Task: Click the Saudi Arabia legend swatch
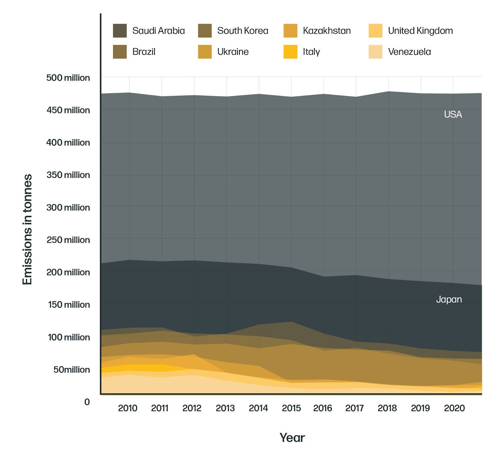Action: coord(120,31)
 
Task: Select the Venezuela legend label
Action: coord(409,52)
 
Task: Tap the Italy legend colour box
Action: coord(290,52)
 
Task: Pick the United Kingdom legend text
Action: coord(420,31)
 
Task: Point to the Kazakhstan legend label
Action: coord(327,31)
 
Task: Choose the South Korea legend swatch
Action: coord(205,31)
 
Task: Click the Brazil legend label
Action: coord(144,52)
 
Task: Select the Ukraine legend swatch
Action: coord(205,52)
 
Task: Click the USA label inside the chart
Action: coord(453,114)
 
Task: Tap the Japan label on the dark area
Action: coord(449,299)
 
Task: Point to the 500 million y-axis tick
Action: coord(68,78)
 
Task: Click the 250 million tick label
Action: coord(68,240)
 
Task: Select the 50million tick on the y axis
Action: coord(71,370)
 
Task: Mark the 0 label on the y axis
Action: coord(87,402)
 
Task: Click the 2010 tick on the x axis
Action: coord(128,408)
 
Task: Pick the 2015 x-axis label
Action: coord(291,408)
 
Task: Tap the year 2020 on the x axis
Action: coord(454,408)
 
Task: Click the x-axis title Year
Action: coord(292,438)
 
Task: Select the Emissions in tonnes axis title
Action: coord(28,229)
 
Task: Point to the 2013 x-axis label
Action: coord(225,408)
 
